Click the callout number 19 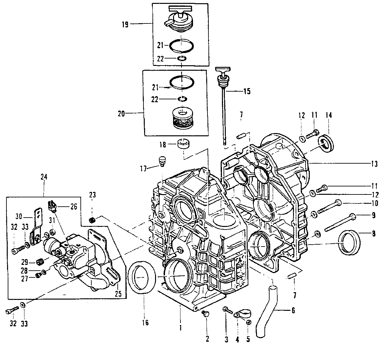(x=125, y=25)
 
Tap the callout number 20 (x=121, y=114)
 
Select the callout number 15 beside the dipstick (x=247, y=91)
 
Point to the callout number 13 (x=374, y=164)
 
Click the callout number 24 (x=44, y=177)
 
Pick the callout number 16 (x=145, y=323)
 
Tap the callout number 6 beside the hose (x=293, y=310)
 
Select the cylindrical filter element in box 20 (x=181, y=119)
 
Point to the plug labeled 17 (x=162, y=161)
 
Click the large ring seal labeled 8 (x=350, y=242)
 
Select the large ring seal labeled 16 (x=142, y=277)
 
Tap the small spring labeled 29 (x=40, y=263)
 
